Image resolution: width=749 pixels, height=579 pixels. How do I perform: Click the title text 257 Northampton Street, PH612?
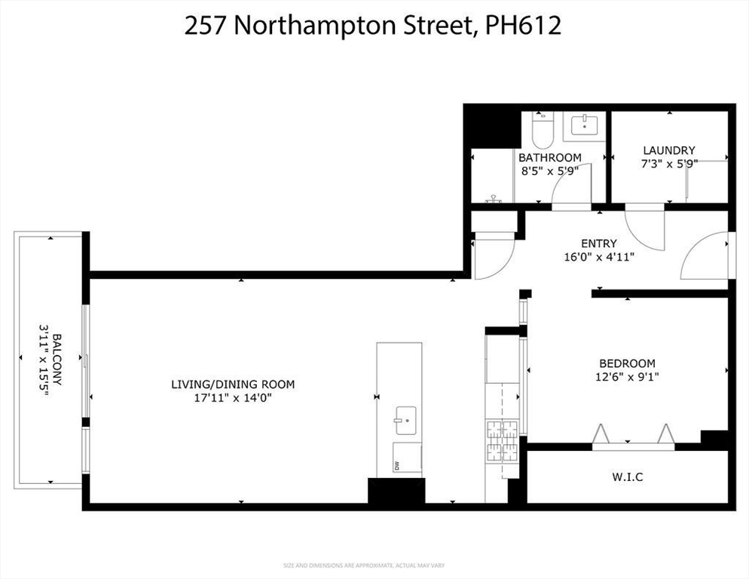click(374, 26)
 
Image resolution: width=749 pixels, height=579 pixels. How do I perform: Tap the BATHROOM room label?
click(549, 158)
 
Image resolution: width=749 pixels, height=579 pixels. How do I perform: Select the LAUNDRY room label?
click(668, 150)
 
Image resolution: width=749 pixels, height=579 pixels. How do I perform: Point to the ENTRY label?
click(599, 244)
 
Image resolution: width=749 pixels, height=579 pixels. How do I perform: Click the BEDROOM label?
click(627, 363)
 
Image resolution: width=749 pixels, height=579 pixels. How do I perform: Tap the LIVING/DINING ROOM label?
click(232, 384)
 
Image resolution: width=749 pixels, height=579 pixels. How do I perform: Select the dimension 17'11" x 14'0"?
click(232, 398)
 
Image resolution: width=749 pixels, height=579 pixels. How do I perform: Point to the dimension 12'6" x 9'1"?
click(627, 376)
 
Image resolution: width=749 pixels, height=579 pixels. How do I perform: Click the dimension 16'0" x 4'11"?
click(599, 257)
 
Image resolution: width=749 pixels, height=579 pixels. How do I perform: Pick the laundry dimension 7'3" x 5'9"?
click(668, 164)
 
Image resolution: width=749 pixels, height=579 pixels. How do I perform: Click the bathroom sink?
click(585, 125)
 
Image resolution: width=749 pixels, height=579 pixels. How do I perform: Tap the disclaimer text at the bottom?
click(374, 565)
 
